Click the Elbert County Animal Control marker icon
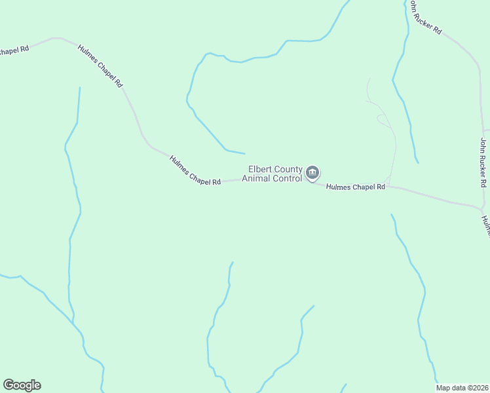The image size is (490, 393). tap(312, 173)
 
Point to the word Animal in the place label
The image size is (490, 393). tap(257, 178)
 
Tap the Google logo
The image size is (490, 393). tap(22, 385)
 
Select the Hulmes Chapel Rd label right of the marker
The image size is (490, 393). tap(355, 187)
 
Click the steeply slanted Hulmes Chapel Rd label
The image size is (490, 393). tap(100, 66)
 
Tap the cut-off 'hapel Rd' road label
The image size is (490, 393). tap(14, 50)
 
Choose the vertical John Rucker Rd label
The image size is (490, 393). tap(483, 163)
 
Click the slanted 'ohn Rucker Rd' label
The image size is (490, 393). tap(426, 18)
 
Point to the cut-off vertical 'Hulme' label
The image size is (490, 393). tap(485, 225)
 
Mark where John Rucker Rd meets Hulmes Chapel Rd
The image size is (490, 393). tap(481, 208)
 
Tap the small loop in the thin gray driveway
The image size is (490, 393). tap(381, 119)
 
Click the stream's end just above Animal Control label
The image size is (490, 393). tap(244, 154)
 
